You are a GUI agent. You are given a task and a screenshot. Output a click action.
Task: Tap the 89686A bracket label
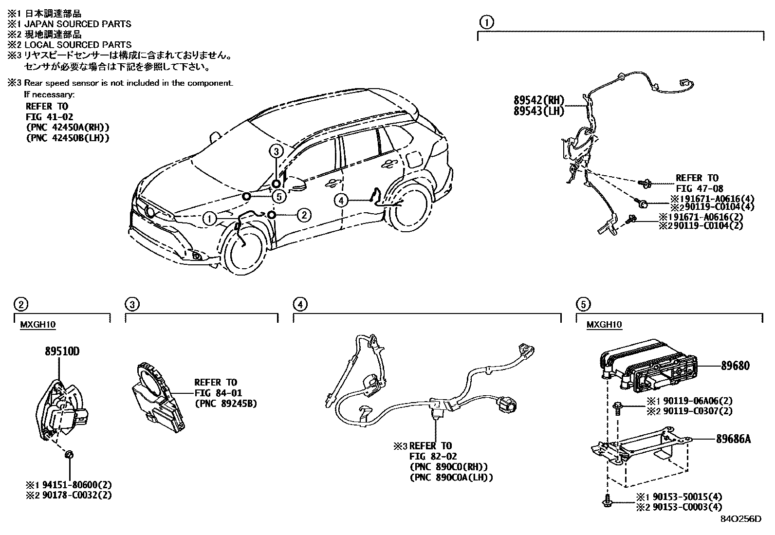[733, 439]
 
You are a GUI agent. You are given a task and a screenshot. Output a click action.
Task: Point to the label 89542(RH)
[539, 101]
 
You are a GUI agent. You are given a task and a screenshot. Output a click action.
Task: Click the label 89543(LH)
[539, 111]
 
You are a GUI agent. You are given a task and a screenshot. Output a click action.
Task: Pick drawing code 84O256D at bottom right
[741, 519]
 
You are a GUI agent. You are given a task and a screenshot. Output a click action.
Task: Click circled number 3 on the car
[276, 151]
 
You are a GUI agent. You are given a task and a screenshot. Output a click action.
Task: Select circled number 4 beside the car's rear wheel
[341, 200]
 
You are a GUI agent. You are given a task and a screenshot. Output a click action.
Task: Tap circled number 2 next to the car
[304, 215]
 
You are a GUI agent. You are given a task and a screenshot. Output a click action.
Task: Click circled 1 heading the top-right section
[486, 22]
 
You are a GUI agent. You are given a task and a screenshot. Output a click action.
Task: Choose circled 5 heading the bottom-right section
[583, 305]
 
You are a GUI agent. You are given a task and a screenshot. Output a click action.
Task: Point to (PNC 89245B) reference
[225, 403]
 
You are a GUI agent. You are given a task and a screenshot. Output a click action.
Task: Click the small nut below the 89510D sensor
[69, 455]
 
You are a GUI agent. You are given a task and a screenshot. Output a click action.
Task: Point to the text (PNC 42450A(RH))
[67, 127]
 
